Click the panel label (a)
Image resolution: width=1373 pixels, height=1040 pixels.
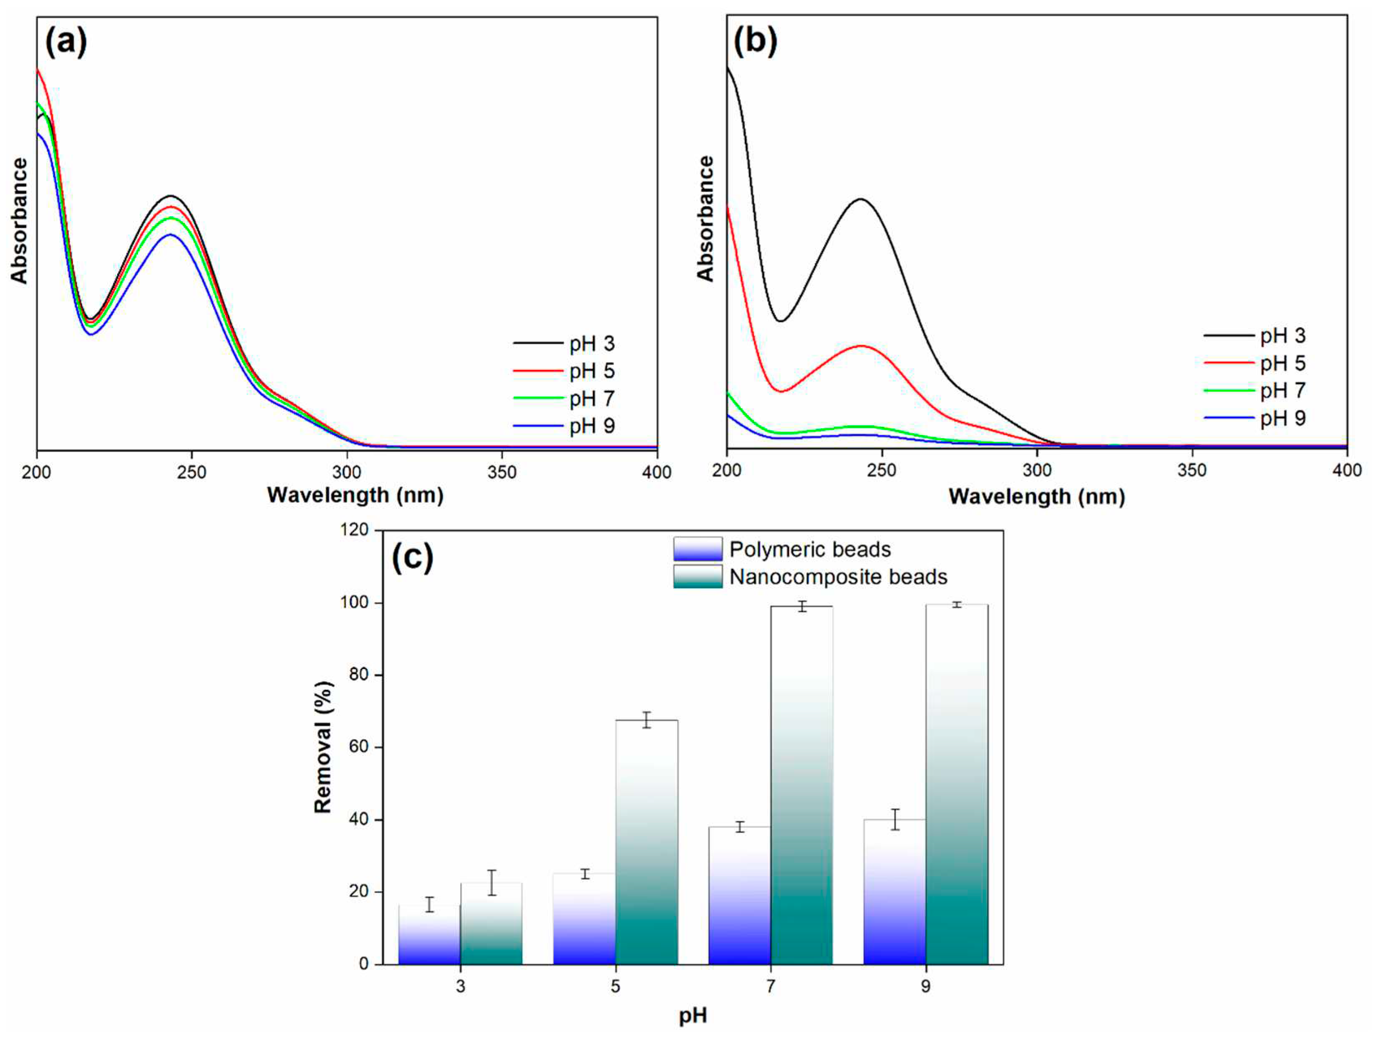66,42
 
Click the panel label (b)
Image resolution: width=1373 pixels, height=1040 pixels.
755,42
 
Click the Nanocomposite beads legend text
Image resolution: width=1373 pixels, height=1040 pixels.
838,577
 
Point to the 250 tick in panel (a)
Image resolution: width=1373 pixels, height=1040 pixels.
191,472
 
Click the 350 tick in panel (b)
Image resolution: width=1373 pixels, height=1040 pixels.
1192,470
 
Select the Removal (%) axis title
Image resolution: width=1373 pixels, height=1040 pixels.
323,747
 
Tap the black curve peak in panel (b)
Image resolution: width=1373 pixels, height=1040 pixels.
860,199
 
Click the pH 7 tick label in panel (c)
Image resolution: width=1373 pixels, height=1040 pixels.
770,986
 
